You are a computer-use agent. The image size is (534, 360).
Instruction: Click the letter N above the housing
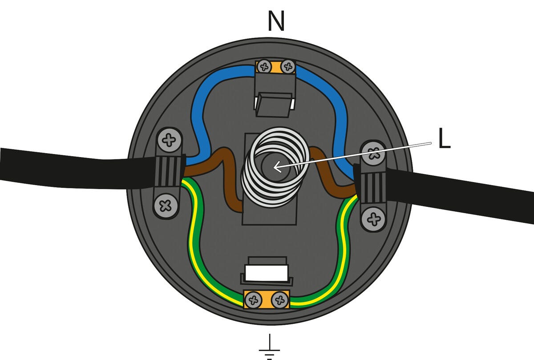pos(276,21)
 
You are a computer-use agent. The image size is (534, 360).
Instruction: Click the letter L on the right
pos(444,140)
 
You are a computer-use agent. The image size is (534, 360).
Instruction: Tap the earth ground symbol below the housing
pos(269,347)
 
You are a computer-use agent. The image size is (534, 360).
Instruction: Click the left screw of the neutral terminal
pos(264,67)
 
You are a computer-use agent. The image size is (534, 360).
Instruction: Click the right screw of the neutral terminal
pos(288,67)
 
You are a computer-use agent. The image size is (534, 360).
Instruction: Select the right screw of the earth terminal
pos(279,299)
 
